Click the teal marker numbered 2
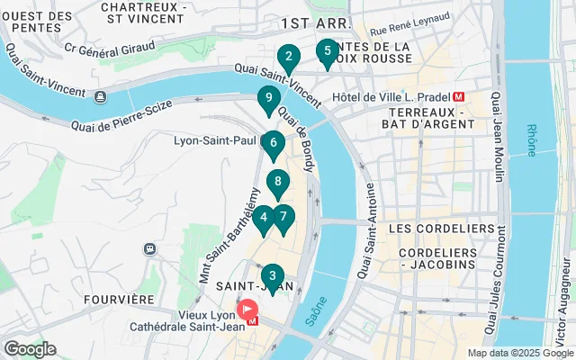pyautogui.click(x=288, y=58)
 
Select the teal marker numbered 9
pyautogui.click(x=267, y=100)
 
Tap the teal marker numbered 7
pyautogui.click(x=283, y=218)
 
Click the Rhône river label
pyautogui.click(x=531, y=139)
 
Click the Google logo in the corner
pyautogui.click(x=30, y=349)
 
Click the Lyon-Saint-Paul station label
pyautogui.click(x=217, y=140)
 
